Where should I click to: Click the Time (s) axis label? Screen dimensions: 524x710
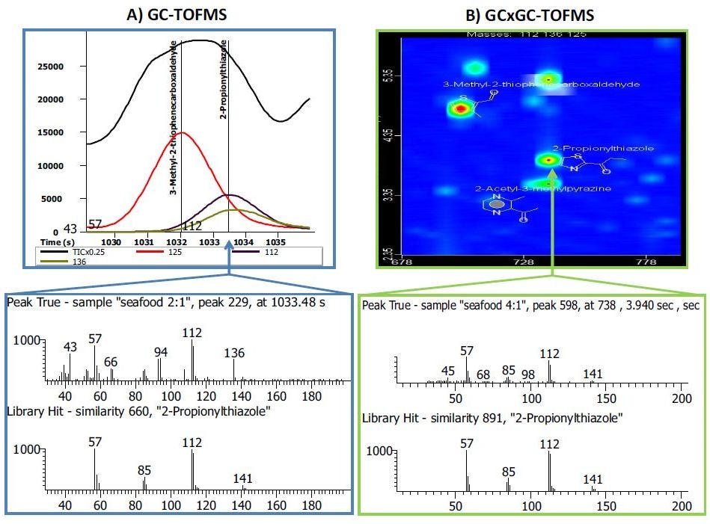[x=56, y=243]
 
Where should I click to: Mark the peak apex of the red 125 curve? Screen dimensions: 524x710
[x=181, y=132]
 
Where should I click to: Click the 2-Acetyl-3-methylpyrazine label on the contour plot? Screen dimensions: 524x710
[x=532, y=189]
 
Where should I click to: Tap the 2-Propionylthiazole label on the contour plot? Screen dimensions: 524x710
[x=603, y=149]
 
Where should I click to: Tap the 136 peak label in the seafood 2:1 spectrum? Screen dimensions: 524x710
[x=234, y=353]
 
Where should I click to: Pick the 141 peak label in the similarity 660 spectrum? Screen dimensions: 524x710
[x=242, y=478]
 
